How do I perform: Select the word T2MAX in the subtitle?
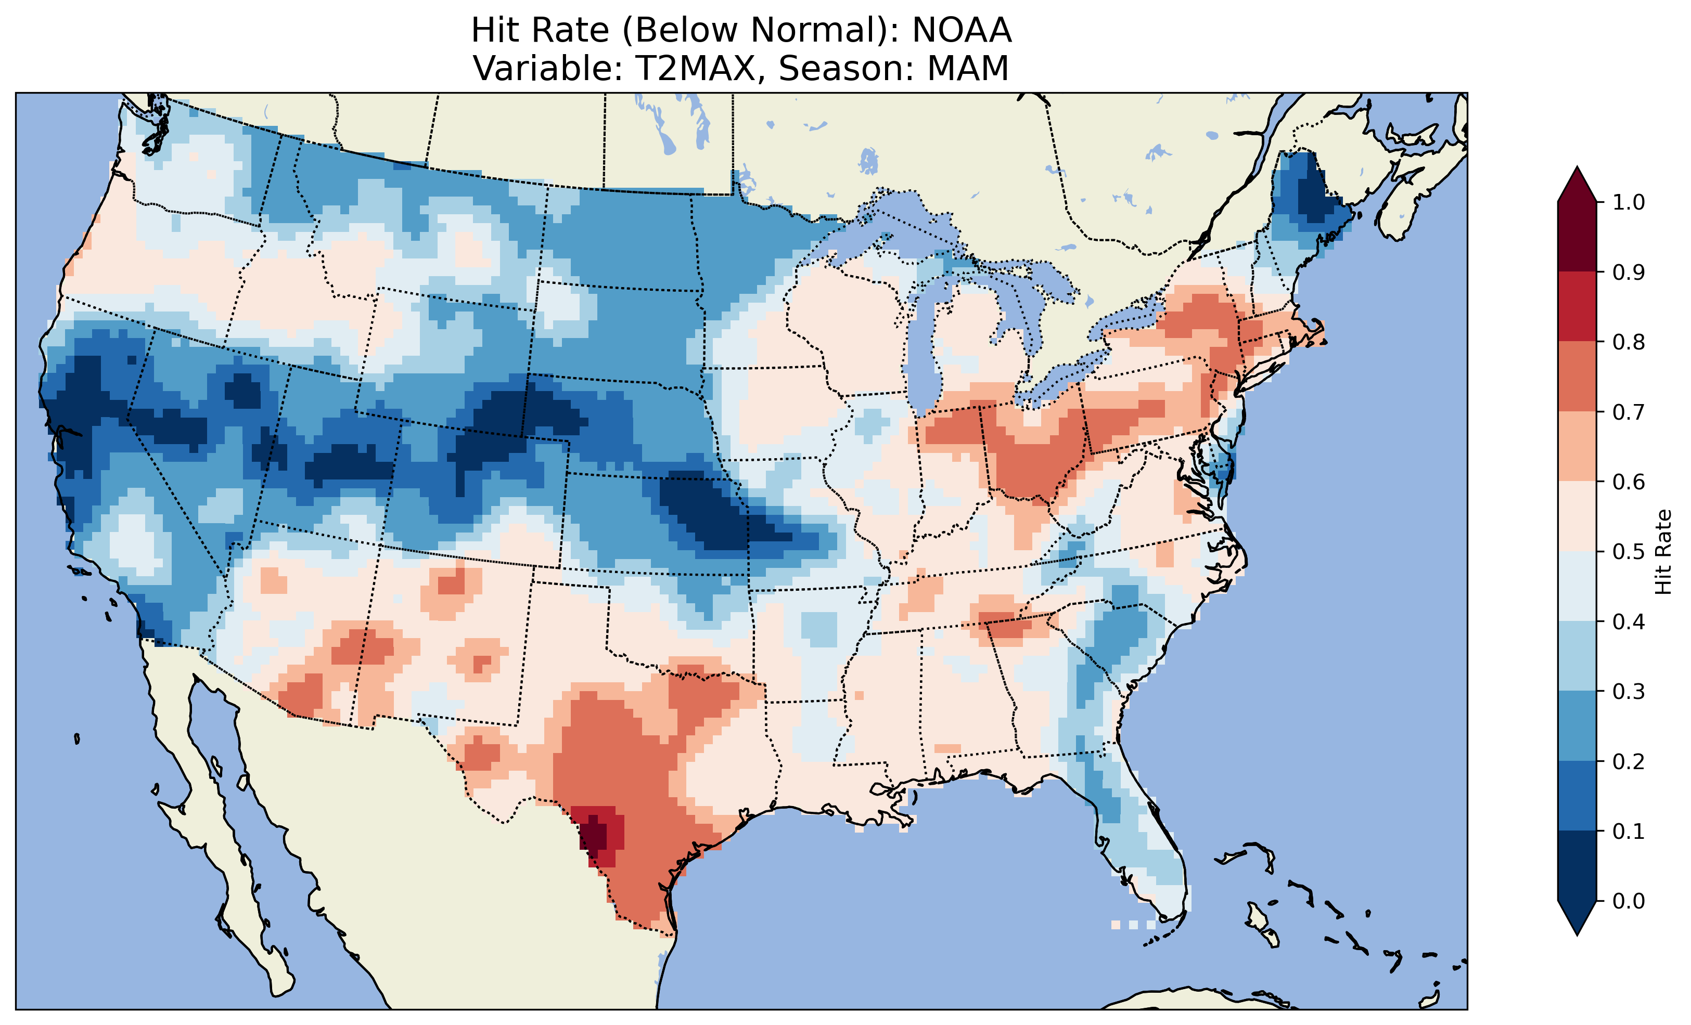pyautogui.click(x=695, y=69)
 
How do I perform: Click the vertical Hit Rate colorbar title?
pyautogui.click(x=1663, y=552)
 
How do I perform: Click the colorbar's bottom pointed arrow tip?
pyautogui.click(x=1577, y=934)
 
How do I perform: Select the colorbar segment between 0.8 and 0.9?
pyautogui.click(x=1577, y=307)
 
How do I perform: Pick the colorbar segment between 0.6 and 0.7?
pyautogui.click(x=1577, y=446)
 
